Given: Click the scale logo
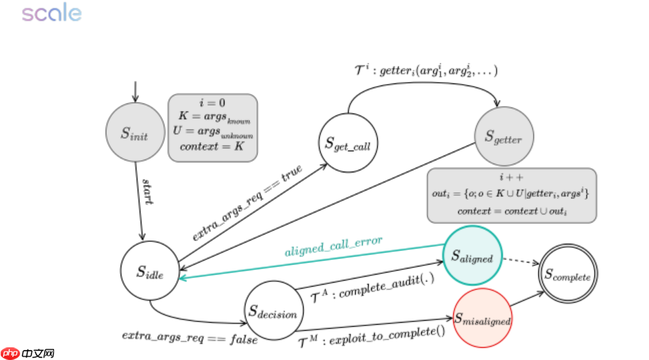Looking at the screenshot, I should tap(51, 13).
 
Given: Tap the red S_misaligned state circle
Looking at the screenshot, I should tap(482, 319).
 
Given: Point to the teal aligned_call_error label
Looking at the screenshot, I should tap(334, 246).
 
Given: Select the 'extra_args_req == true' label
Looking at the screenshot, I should tap(248, 202).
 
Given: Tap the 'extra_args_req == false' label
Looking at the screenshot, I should tap(190, 335).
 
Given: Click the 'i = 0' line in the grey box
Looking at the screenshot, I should tap(212, 104).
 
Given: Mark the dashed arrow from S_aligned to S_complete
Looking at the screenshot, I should tap(520, 260).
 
